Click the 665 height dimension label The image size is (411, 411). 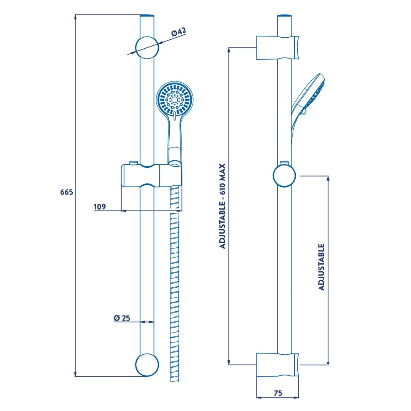coord(67,192)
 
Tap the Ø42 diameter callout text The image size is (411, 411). coord(179,32)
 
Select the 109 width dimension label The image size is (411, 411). coord(100,207)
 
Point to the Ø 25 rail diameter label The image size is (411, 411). coord(122,318)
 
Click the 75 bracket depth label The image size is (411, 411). coord(278,393)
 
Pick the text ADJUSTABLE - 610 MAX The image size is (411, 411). coord(222,206)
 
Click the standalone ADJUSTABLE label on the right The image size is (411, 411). coord(321,267)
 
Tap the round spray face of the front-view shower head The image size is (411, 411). coord(175,99)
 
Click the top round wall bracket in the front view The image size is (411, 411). coord(147,48)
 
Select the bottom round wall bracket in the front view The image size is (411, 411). coord(147,365)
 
